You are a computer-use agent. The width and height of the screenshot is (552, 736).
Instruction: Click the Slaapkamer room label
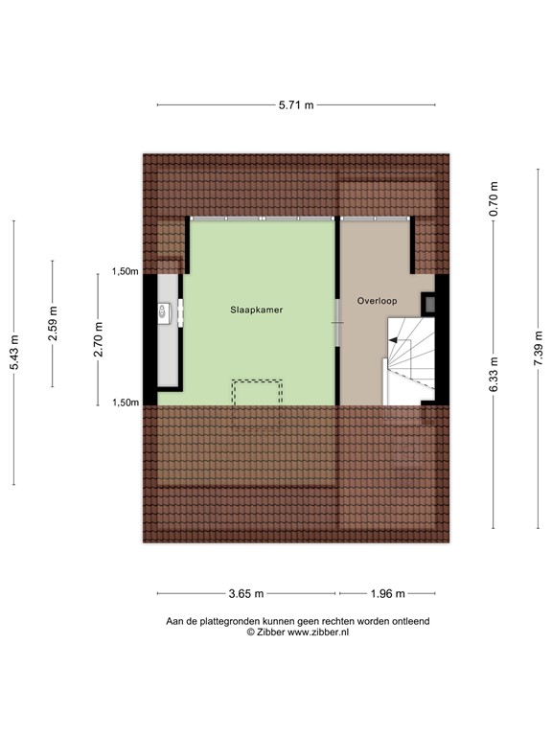(256, 310)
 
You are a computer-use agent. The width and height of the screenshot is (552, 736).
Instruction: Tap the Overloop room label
(377, 300)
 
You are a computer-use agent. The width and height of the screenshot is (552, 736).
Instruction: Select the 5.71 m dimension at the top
(295, 105)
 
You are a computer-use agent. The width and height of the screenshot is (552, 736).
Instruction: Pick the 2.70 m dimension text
(98, 340)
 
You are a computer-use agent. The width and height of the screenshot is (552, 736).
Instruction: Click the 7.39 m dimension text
(539, 347)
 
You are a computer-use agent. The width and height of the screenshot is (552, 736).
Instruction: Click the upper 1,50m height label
(126, 272)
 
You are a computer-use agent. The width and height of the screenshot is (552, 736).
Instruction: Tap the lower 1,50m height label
(126, 402)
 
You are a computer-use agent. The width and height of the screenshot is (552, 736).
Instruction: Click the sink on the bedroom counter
(164, 310)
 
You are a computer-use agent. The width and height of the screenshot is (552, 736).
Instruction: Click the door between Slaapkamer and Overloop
(336, 324)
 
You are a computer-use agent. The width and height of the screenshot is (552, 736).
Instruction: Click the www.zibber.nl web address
(318, 632)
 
